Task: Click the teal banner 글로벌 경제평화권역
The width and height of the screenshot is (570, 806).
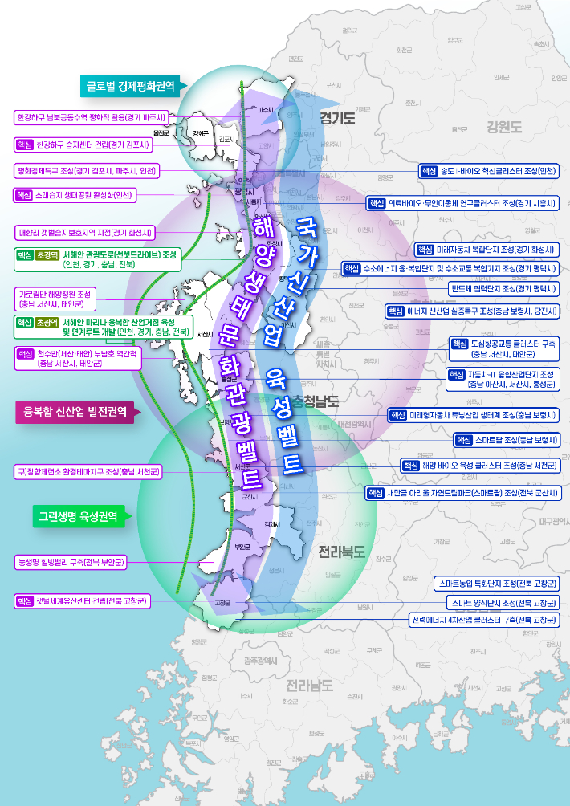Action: click(132, 84)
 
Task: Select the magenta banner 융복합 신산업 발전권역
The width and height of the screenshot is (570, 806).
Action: click(76, 413)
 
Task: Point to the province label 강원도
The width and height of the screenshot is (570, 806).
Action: click(503, 126)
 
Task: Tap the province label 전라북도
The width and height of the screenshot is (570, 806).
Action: click(341, 552)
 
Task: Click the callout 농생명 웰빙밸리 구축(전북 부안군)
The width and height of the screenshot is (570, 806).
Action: click(71, 562)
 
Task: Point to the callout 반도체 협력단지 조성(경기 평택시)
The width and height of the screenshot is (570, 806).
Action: click(503, 288)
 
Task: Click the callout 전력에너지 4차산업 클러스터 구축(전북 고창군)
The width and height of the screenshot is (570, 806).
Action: click(484, 621)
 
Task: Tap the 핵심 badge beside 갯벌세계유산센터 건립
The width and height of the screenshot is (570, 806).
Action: click(25, 600)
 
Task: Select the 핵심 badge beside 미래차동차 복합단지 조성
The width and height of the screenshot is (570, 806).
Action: click(425, 250)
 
